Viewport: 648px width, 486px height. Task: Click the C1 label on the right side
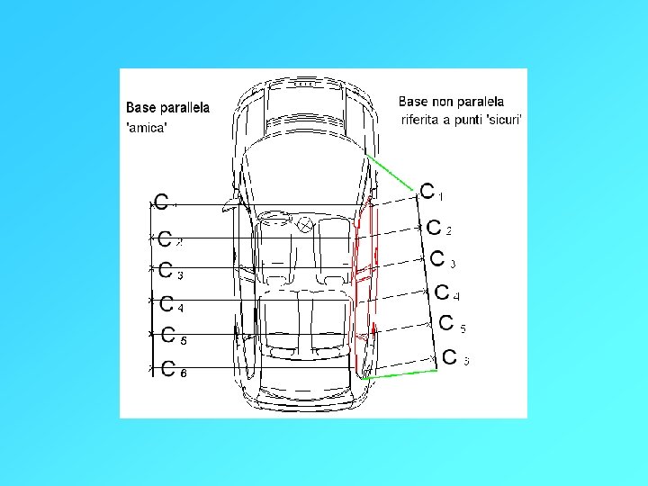point(430,191)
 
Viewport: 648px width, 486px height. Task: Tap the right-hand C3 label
point(441,260)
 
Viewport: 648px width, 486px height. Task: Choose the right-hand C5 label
point(449,324)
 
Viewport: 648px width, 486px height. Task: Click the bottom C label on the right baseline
point(454,357)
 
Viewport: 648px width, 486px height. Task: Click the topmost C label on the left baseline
point(162,202)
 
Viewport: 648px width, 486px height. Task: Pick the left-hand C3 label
point(169,270)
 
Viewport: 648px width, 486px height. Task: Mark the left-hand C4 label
point(169,303)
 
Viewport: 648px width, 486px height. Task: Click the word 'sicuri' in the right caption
point(502,120)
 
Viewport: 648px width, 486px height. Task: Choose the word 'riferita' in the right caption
point(422,120)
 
